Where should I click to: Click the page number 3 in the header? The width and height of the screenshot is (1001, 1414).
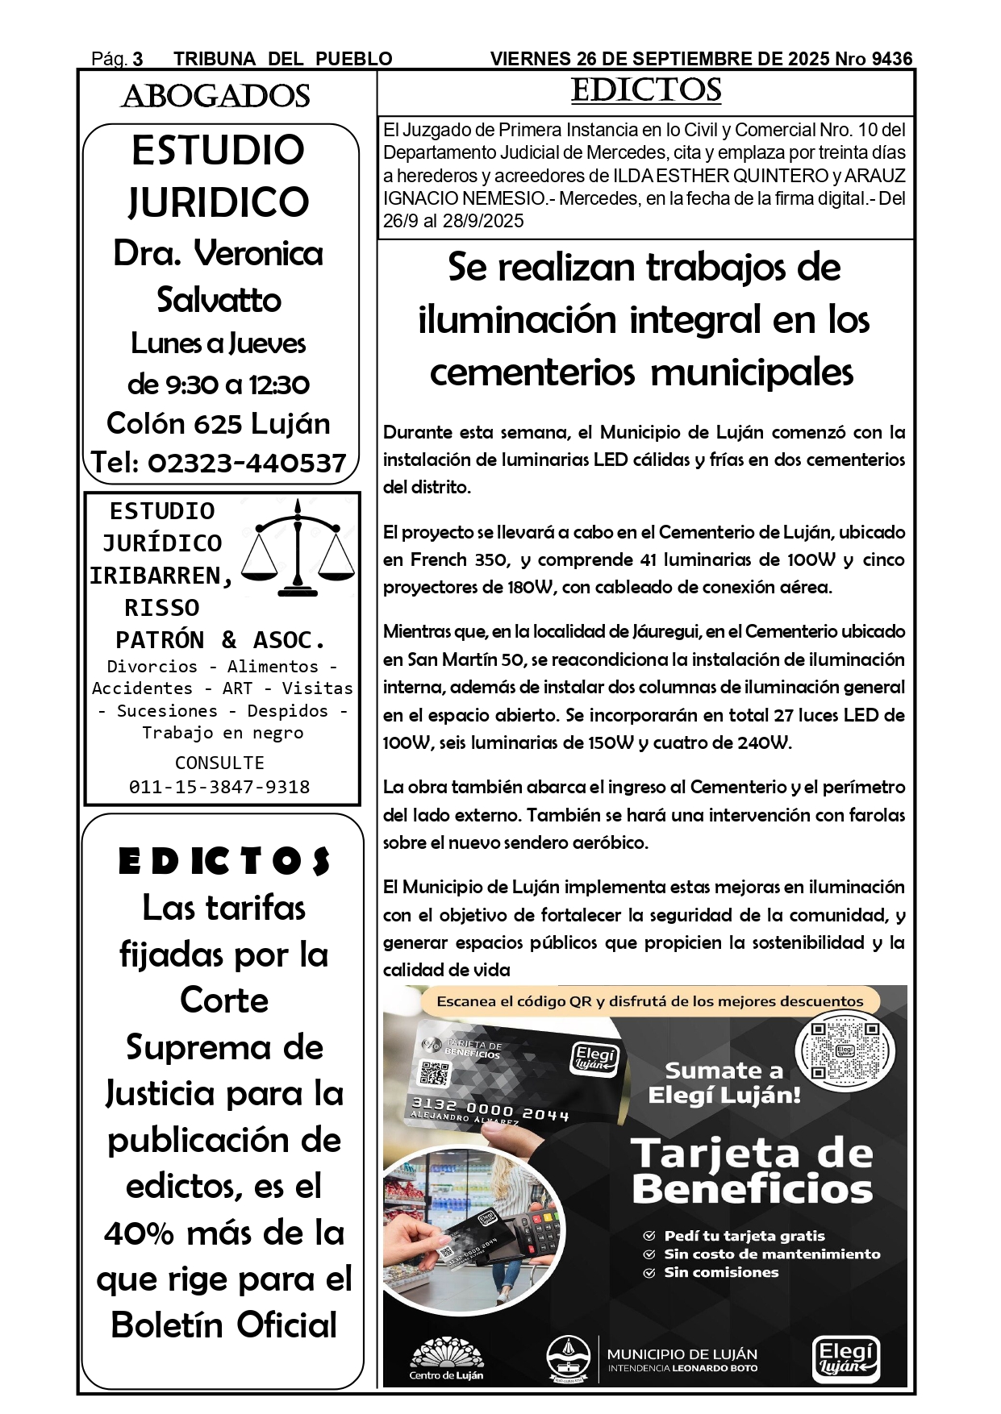138,59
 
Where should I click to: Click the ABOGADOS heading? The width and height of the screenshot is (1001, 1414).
215,97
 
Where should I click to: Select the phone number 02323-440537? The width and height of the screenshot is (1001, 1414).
247,463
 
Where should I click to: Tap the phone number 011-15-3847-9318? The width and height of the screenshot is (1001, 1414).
219,787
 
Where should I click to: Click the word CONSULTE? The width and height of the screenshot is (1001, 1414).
219,763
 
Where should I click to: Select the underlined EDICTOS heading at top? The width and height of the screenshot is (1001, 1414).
646,90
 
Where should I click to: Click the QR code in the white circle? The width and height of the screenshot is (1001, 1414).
845,1050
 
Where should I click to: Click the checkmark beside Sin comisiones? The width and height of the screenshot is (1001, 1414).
649,1273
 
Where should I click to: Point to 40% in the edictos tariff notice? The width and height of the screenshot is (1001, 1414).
139,1233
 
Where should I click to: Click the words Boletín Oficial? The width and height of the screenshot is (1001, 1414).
223,1325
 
